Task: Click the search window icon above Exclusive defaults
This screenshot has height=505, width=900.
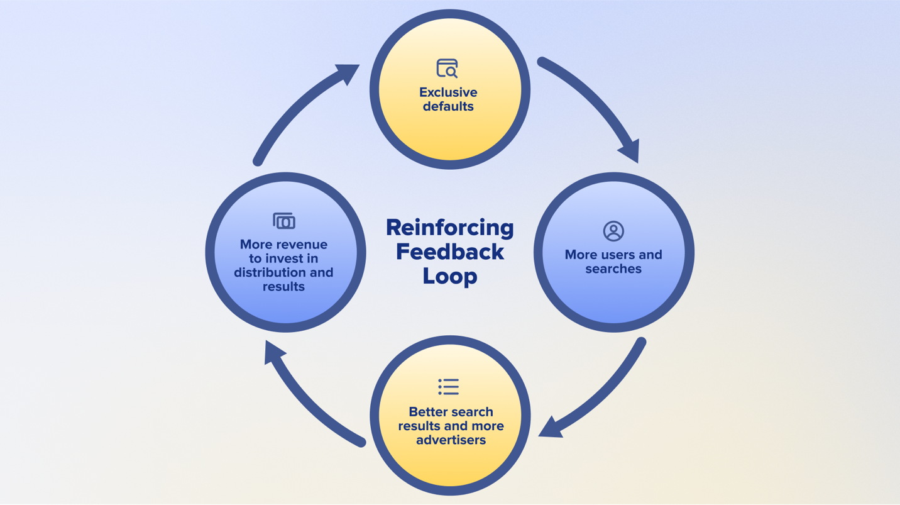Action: pos(447,68)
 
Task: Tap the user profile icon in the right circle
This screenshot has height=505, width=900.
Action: pos(613,231)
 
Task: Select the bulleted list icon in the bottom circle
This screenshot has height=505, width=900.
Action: pos(449,386)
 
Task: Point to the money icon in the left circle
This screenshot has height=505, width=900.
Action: pos(284,221)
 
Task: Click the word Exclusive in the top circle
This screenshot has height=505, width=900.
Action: pos(448,92)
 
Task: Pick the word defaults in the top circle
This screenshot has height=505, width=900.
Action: pos(448,106)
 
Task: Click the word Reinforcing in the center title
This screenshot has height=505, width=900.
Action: pos(449,227)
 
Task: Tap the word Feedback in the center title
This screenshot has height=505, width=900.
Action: pos(449,252)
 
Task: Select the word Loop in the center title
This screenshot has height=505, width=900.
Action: pos(449,275)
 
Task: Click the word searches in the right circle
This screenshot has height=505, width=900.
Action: pos(613,269)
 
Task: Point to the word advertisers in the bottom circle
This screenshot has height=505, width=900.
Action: pos(451,440)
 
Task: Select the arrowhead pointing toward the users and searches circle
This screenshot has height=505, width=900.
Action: pos(630,151)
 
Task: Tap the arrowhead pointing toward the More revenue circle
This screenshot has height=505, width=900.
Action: pos(273,352)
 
